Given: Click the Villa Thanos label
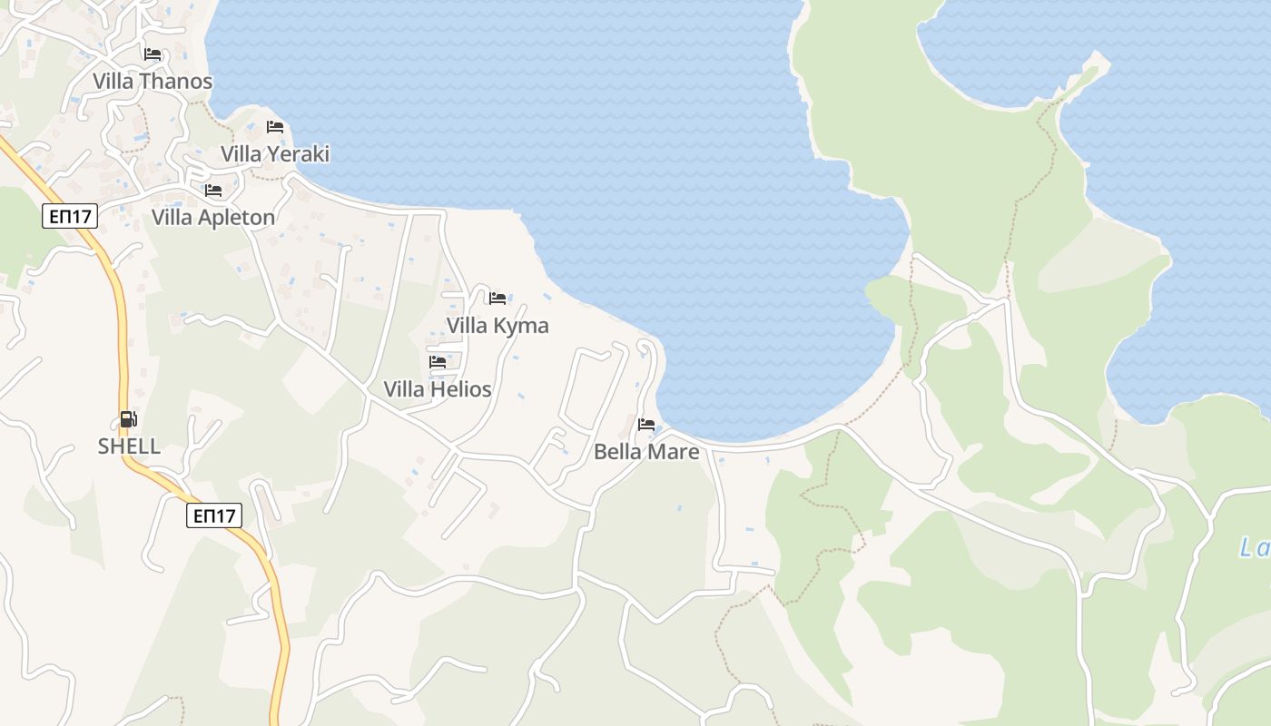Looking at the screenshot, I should coord(153,82).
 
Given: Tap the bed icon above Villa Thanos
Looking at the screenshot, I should coord(153,54).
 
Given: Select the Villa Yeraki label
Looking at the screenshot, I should coord(275,154).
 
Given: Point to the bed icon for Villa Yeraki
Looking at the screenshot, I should coord(275,127).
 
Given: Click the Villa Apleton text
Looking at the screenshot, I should coord(213,218).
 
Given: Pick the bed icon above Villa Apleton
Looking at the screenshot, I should coord(213,191).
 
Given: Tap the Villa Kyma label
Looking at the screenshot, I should coord(498,326).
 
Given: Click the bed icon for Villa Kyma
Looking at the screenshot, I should coord(498,298).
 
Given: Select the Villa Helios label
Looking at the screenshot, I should coord(438,389).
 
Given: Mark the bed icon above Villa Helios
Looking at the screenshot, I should coord(438,362).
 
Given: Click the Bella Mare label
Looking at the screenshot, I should coord(646,452).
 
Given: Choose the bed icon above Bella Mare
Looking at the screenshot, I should coord(646,424).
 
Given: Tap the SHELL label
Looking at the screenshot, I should coord(129,446).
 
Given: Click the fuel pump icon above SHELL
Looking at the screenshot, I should coord(129,419).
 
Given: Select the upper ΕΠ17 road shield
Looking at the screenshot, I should coord(69,216).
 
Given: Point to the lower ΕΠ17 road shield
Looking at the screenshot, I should coord(215,516).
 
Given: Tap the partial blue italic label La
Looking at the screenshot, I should coord(1255,548).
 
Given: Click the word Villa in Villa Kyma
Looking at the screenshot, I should coord(467,326).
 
